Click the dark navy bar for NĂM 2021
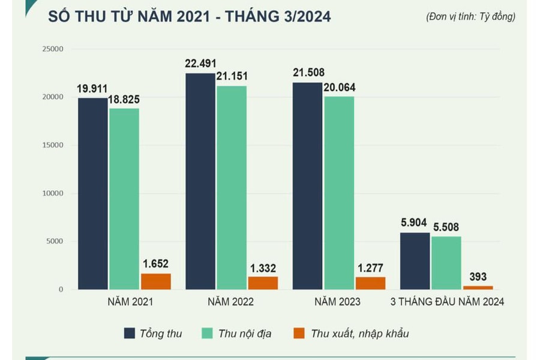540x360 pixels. pyautogui.click(x=92, y=193)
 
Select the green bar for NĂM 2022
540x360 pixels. pyautogui.click(x=232, y=187)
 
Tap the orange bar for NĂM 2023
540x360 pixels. pyautogui.click(x=370, y=283)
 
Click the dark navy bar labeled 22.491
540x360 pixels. pyautogui.click(x=200, y=181)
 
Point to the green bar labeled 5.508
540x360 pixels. pyautogui.click(x=446, y=263)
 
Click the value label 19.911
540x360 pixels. pyautogui.click(x=92, y=89)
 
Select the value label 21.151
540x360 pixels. pyautogui.click(x=232, y=76)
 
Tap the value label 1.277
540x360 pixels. pyautogui.click(x=370, y=268)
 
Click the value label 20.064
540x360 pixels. pyautogui.click(x=339, y=88)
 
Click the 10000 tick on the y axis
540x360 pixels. pyautogui.click(x=53, y=193)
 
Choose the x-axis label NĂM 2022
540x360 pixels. pyautogui.click(x=230, y=302)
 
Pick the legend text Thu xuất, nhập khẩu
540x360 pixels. pyautogui.click(x=359, y=334)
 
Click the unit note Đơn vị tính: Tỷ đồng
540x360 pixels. pyautogui.click(x=470, y=17)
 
